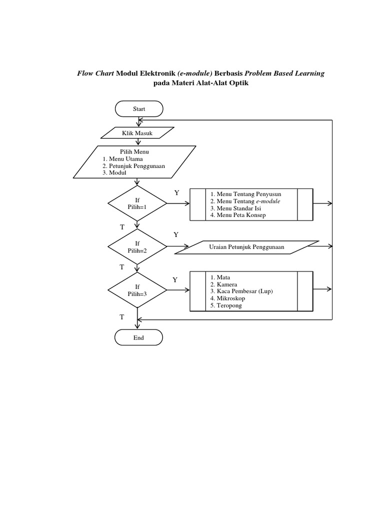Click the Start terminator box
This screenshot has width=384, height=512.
coord(138,108)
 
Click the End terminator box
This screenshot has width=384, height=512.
coord(138,337)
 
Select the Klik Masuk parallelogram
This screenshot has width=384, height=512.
coord(137,132)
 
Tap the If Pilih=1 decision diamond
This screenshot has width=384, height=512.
coord(137,202)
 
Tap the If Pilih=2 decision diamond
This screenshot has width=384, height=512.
coord(137,246)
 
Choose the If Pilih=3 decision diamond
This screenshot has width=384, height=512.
coord(137,290)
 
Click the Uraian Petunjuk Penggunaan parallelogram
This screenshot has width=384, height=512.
coord(246,247)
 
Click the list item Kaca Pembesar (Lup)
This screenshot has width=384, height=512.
coord(241,291)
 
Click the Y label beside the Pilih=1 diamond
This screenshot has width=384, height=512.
coord(176,192)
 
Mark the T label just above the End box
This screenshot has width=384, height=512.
coord(122,317)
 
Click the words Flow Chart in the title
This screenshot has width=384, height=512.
coord(95,73)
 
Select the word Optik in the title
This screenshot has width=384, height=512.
coord(238,83)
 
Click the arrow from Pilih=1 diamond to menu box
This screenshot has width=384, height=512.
coord(178,203)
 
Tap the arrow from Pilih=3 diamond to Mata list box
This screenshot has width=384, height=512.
coord(178,290)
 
